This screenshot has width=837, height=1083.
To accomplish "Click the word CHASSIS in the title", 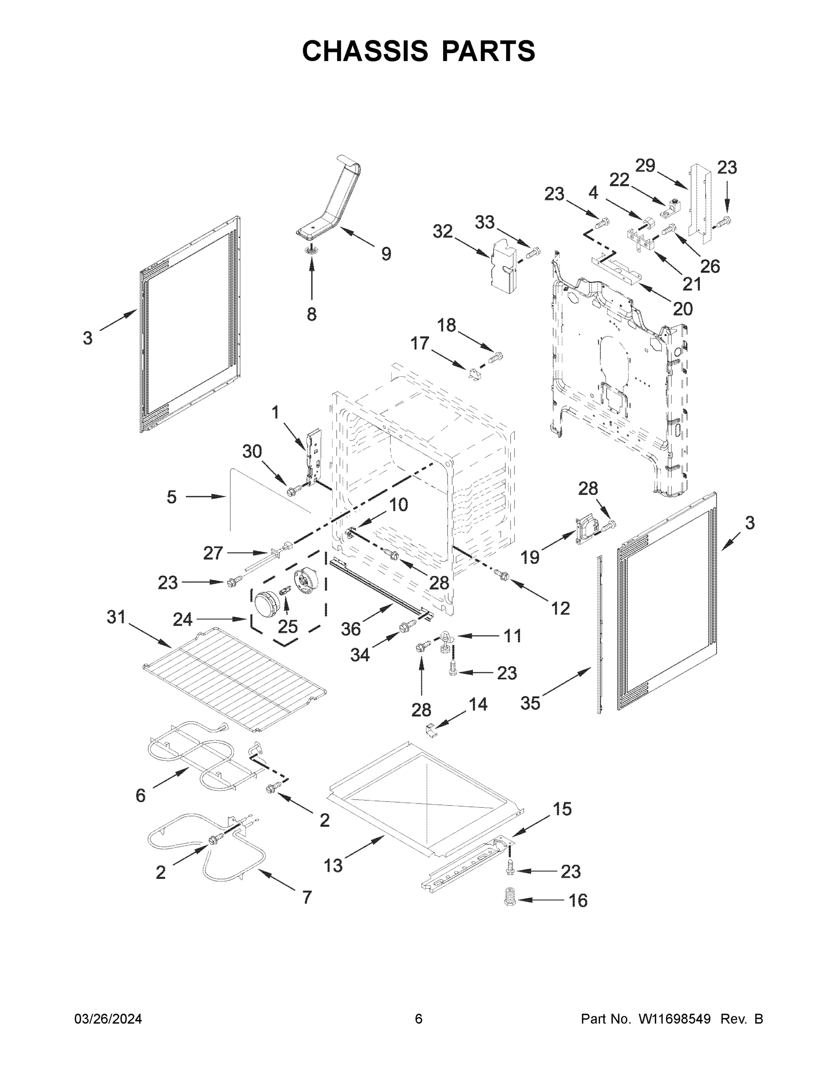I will (x=365, y=51).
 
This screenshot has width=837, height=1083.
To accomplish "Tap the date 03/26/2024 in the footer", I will (x=108, y=1018).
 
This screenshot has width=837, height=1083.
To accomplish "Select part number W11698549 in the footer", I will (x=675, y=1018).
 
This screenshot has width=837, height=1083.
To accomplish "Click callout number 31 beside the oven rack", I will (x=116, y=617).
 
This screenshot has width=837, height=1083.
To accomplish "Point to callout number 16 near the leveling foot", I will (x=578, y=901).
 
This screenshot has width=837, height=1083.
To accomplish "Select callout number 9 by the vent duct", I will (x=386, y=254).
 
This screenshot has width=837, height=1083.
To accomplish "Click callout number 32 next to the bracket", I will (x=443, y=231).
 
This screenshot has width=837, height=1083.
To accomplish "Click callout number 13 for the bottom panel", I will (x=333, y=866).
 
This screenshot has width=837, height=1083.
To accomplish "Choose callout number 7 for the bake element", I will (x=307, y=897).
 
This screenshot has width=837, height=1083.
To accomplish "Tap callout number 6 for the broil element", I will (x=141, y=796).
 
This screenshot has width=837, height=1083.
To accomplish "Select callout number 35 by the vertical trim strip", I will (x=530, y=703).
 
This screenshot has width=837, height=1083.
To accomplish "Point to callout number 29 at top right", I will (x=645, y=166).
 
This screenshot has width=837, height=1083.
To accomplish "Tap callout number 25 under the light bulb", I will (x=287, y=626).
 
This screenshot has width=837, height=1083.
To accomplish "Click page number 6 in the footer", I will (x=419, y=1018).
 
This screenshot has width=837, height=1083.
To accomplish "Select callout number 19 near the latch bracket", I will (x=530, y=557).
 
